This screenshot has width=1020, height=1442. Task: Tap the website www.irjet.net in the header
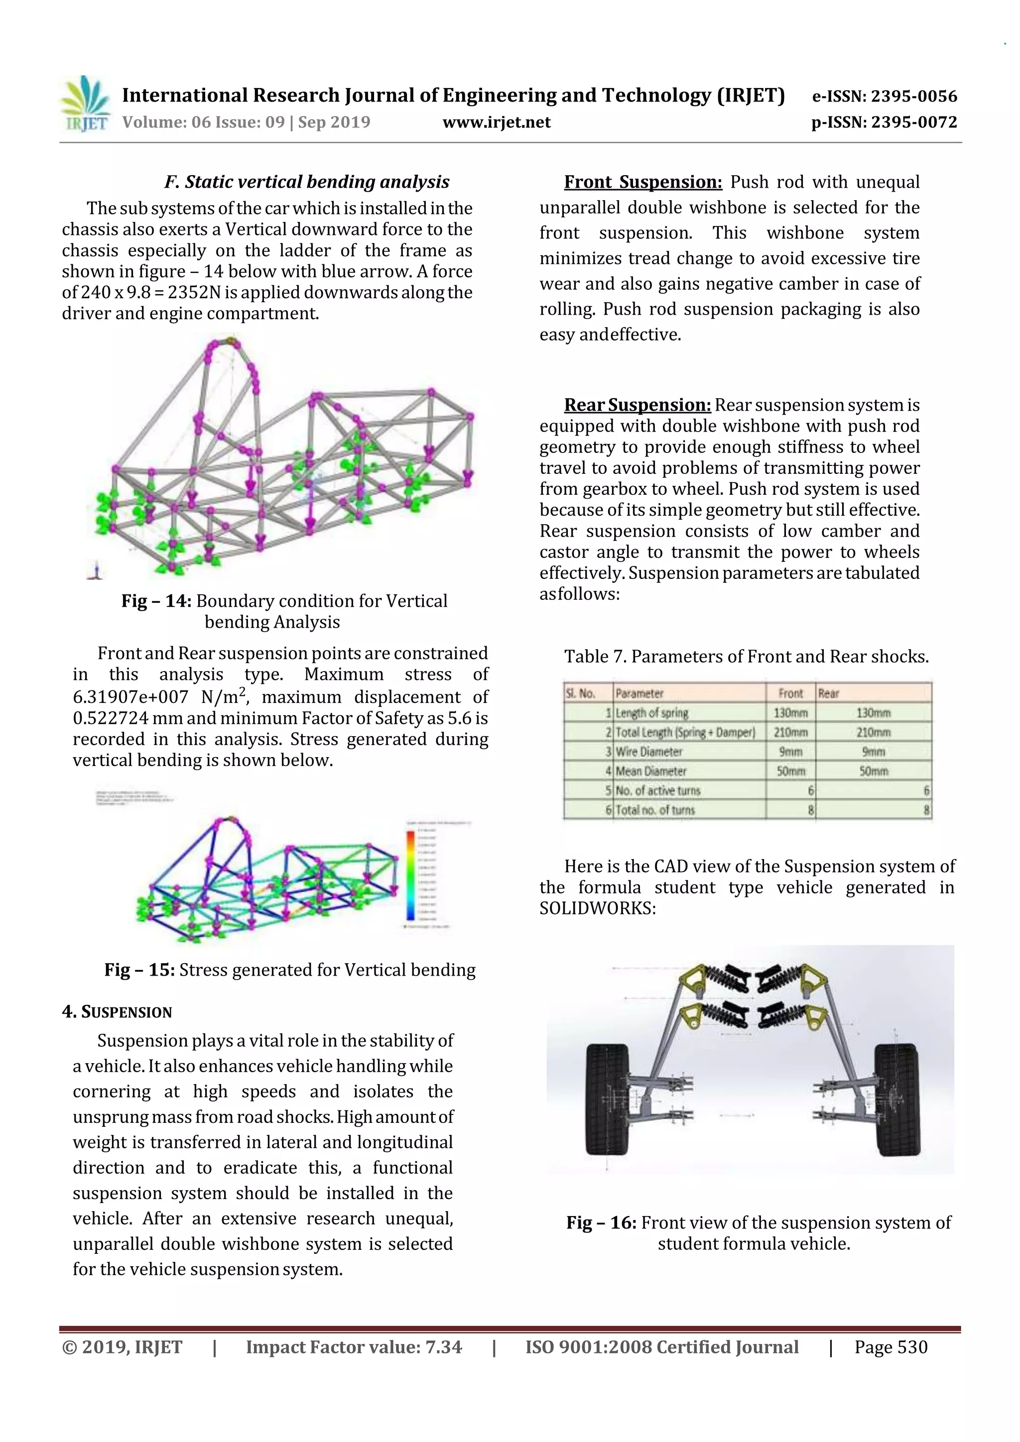tap(496, 122)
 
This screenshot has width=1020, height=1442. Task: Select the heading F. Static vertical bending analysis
tap(307, 182)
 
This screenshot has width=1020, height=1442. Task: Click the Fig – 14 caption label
tap(156, 601)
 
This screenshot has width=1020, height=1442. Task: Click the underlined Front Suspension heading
tap(643, 182)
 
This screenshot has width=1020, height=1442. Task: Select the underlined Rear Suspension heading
tap(637, 405)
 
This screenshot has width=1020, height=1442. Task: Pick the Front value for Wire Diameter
tap(790, 752)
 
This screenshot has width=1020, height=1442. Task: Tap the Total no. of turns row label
tap(655, 810)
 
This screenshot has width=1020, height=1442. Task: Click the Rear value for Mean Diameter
tap(873, 771)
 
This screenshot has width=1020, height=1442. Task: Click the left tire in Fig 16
tap(607, 1099)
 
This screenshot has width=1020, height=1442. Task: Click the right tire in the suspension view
tap(897, 1099)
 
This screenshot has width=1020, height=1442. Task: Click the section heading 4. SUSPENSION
tap(117, 1012)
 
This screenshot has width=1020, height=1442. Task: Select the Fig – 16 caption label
tap(601, 1223)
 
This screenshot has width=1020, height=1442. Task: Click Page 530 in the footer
tap(891, 1347)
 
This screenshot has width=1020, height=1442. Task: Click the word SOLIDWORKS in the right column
tap(597, 909)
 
